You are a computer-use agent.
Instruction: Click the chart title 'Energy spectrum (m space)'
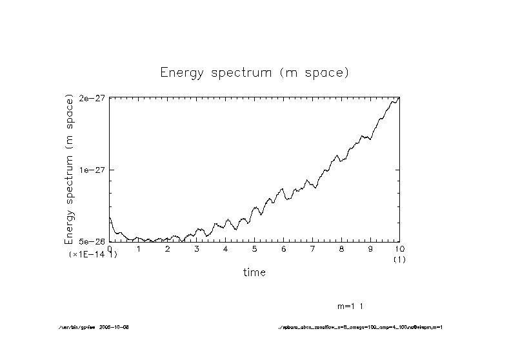254,72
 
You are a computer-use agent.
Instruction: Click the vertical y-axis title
69,168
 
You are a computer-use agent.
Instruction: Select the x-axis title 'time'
254,272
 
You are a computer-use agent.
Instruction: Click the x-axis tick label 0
110,248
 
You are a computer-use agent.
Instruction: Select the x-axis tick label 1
139,248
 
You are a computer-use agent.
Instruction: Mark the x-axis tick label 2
168,248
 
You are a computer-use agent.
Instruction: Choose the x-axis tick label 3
197,248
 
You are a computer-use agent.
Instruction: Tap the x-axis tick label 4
226,248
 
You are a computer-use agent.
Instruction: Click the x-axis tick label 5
255,248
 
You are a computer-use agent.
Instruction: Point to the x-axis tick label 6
284,248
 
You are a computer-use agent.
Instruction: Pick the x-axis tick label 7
312,248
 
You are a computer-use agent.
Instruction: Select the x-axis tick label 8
341,248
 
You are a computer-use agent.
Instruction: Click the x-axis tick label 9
370,248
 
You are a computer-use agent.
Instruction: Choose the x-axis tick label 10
399,248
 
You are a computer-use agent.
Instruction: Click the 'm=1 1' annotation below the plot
354,305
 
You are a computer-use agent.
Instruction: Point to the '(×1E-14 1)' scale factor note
94,255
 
